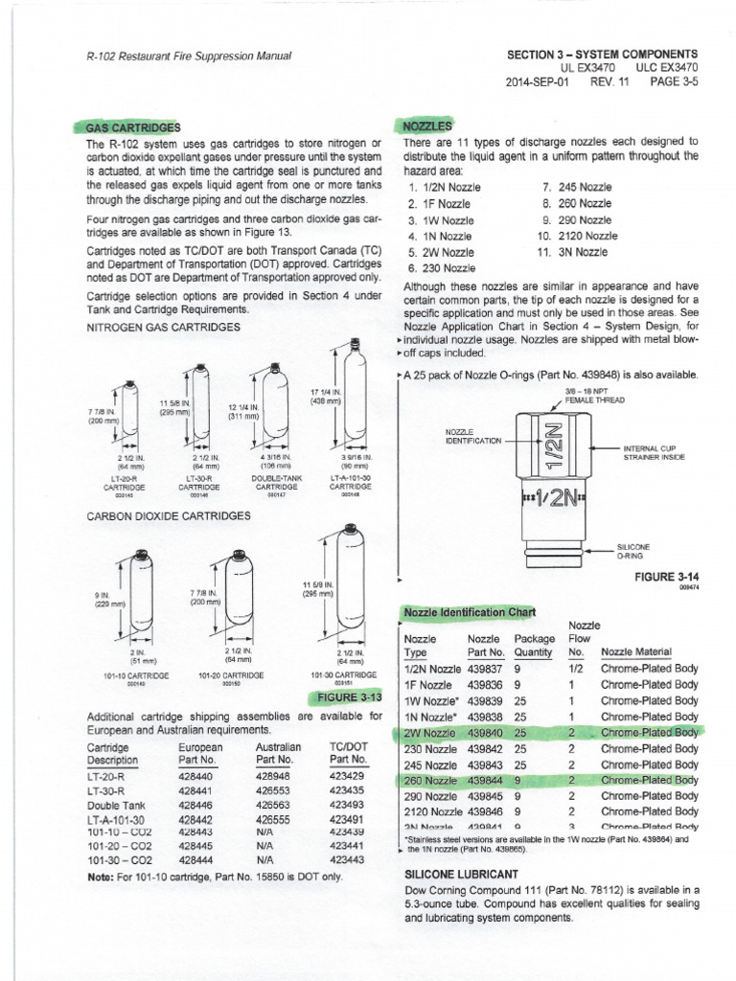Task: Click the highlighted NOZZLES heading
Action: click(420, 126)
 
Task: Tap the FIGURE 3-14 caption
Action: click(670, 577)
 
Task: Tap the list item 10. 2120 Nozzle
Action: click(576, 235)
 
